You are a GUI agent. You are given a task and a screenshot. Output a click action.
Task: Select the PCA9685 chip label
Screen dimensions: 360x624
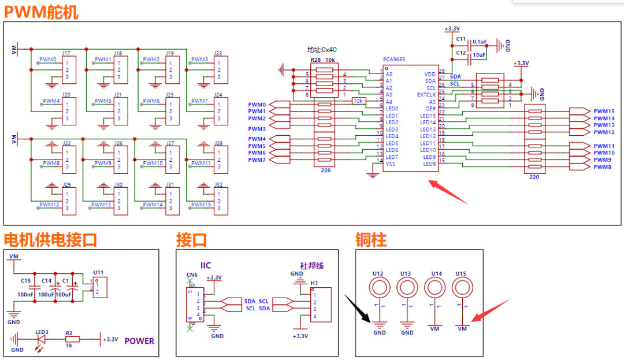coord(395,60)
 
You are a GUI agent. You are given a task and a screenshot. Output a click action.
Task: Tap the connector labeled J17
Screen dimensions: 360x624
coord(68,70)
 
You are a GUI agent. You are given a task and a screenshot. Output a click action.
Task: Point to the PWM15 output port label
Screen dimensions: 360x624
coord(604,112)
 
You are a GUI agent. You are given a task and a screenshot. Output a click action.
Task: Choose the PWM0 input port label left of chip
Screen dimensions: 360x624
coord(257,105)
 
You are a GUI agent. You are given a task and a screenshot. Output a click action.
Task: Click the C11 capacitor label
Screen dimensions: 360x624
coord(460,39)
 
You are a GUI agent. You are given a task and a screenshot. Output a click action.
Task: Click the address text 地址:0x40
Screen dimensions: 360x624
coord(321,50)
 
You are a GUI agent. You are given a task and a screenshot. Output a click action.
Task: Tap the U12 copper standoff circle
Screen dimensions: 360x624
coord(379,287)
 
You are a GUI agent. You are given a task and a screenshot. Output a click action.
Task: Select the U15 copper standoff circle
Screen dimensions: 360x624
coord(461,287)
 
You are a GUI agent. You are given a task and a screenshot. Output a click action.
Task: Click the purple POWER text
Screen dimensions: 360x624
coord(139,340)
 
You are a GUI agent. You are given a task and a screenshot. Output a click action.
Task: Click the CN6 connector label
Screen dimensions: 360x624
coord(192,275)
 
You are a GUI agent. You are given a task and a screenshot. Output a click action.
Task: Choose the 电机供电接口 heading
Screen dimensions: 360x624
coord(50,240)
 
